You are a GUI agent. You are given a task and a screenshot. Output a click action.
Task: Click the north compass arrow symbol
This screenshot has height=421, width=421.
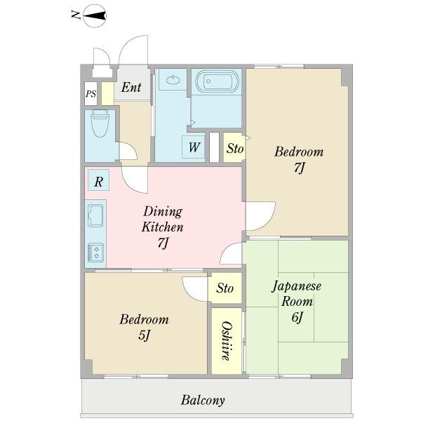click(95, 16)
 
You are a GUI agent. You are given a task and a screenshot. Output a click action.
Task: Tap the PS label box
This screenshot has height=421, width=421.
click(91, 94)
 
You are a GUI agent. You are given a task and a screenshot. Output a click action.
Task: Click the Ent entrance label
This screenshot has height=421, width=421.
click(131, 87)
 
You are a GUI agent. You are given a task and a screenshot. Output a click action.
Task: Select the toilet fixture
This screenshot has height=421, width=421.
click(100, 123)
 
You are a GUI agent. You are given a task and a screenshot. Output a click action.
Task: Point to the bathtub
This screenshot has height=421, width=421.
click(218, 81)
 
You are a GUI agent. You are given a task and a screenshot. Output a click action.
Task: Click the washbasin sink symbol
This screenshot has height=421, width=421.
click(173, 80)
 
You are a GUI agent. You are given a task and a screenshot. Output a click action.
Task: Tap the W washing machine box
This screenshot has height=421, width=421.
click(194, 147)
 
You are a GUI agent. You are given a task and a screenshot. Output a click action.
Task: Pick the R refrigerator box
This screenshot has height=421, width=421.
click(98, 180)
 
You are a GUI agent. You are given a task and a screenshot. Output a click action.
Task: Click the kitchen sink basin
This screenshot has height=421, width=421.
click(95, 215)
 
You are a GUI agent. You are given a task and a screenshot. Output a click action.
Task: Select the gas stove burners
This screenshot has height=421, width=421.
click(95, 253)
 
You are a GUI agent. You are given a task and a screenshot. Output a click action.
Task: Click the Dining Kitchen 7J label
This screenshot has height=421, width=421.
click(163, 227)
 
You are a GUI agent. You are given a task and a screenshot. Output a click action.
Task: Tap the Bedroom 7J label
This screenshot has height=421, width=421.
click(299, 159)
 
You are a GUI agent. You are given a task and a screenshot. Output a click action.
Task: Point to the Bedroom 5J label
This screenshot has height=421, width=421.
click(144, 327)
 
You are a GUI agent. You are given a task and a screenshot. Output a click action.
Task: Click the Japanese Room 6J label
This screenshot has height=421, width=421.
click(297, 301)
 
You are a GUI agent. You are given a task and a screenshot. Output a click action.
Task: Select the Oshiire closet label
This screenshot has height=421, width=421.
click(227, 341)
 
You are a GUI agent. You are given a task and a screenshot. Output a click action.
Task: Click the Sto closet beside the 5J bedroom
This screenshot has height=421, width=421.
click(225, 288)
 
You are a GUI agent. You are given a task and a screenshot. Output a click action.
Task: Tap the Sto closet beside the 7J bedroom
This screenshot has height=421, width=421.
click(234, 147)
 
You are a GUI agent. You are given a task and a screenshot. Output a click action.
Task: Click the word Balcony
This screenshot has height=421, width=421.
click(203, 400)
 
